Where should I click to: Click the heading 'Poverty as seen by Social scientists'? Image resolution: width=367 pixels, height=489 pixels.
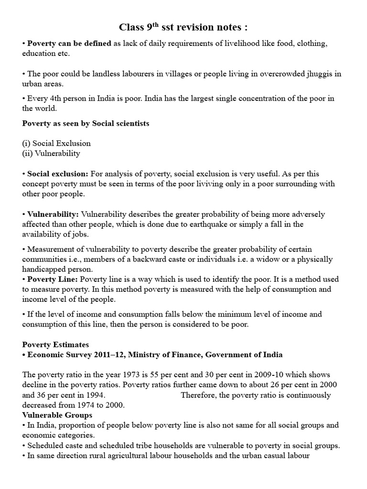(86, 123)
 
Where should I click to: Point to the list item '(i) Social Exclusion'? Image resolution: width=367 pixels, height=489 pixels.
(56, 143)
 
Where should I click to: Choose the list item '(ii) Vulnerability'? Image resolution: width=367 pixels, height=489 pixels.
(51, 153)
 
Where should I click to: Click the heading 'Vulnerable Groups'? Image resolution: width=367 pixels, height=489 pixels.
(57, 415)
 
